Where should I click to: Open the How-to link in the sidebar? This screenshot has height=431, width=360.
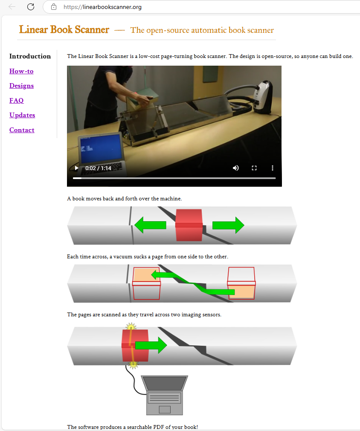tap(21, 71)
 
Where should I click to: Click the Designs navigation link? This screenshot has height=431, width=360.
tap(21, 86)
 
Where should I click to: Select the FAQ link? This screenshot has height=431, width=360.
tap(17, 100)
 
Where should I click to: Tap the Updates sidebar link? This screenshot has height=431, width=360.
tap(22, 115)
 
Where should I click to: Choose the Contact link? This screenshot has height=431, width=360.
tap(22, 130)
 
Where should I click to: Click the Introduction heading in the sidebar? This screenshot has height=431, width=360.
tap(30, 56)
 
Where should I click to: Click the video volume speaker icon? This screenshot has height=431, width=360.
tap(236, 168)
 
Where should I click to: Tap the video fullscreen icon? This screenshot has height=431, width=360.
tap(254, 168)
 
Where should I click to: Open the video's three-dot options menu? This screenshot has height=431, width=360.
tap(273, 168)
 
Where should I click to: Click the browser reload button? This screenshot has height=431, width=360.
tap(31, 7)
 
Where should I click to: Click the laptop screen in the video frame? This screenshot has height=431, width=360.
tap(101, 148)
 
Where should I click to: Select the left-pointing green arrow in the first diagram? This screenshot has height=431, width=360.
tap(150, 225)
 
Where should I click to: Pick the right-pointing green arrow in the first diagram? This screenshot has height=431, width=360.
tap(228, 225)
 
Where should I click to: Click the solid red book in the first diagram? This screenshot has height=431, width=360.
tap(189, 225)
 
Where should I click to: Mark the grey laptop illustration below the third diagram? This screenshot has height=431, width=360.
tap(165, 395)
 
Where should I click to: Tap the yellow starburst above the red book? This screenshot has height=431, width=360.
tap(131, 327)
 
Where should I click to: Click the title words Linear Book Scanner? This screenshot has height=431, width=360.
tap(64, 30)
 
